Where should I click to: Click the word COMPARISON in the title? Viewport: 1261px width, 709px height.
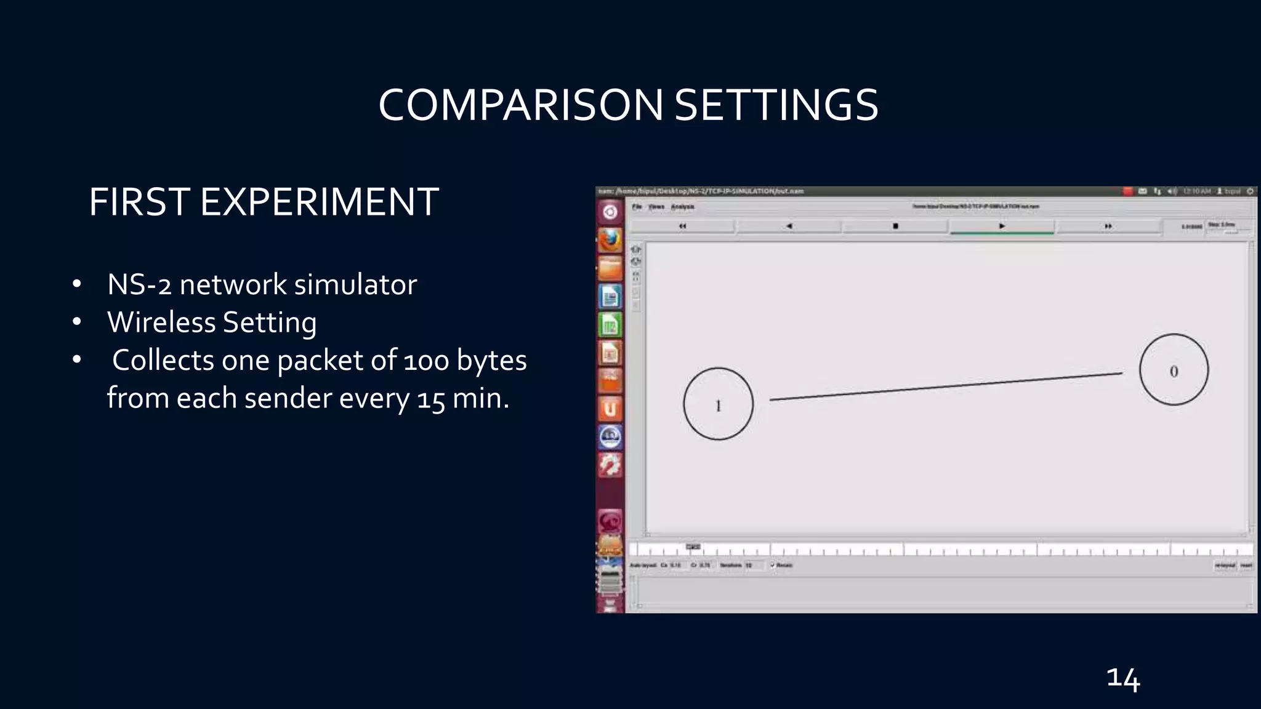(x=520, y=105)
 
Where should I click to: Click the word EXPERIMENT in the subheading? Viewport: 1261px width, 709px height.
(x=319, y=202)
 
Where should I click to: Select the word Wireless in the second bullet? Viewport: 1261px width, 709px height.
(x=161, y=322)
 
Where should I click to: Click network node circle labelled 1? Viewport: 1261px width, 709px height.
(x=718, y=404)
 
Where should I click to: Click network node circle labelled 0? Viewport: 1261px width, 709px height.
(x=1174, y=370)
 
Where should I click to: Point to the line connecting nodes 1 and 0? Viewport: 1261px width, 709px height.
(x=946, y=387)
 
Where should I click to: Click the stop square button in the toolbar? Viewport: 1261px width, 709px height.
(x=895, y=226)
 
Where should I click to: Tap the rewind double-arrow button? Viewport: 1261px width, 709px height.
(x=682, y=226)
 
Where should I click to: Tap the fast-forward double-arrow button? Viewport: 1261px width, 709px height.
(x=1108, y=226)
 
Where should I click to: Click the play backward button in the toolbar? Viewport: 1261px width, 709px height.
(x=789, y=226)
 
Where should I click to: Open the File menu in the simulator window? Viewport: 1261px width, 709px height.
(x=637, y=207)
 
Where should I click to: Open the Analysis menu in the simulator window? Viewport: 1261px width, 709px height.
(x=682, y=207)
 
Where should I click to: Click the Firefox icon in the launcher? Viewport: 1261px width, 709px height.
(x=610, y=241)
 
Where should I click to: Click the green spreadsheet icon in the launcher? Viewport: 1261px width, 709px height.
(x=610, y=324)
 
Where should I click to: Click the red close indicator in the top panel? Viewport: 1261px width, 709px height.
(x=1127, y=191)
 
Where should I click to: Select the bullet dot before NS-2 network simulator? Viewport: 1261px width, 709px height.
(x=76, y=285)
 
